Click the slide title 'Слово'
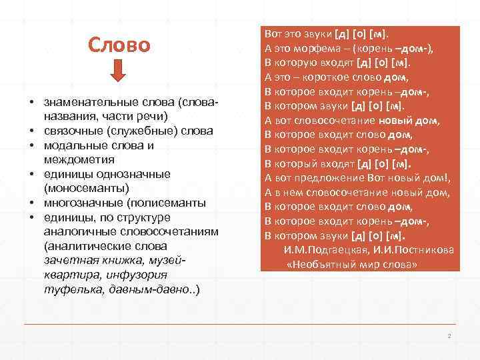pos(120,45)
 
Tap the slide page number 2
pos(450,335)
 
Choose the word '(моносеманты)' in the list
pos(82,188)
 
